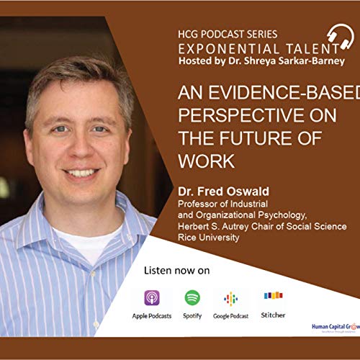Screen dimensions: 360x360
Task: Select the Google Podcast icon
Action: tap(230, 298)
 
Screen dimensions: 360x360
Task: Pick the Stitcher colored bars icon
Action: tap(273, 296)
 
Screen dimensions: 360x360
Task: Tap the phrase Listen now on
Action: tap(176, 271)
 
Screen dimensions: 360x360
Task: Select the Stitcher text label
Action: tap(273, 315)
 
